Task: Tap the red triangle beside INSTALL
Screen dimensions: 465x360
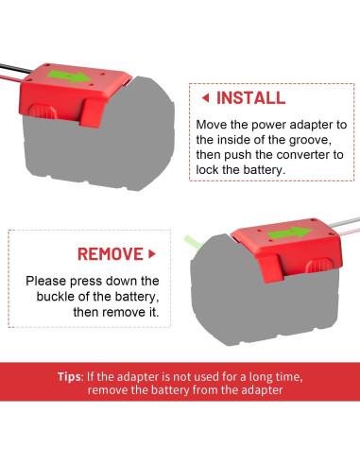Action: (205, 97)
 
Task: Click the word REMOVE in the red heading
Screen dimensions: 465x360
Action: (110, 253)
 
